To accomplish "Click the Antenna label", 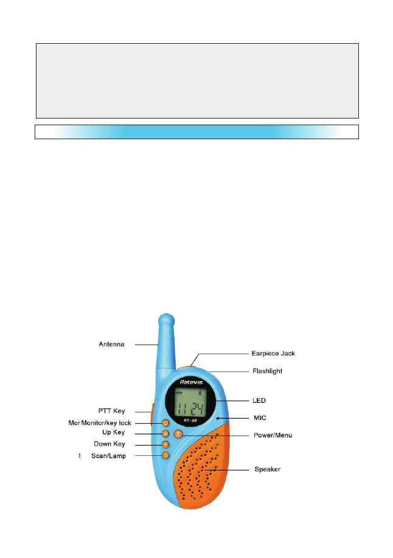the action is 111,345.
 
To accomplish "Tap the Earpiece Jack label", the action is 273,353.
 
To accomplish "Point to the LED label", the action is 259,401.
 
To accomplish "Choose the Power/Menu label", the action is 273,435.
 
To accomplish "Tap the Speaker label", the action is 267,469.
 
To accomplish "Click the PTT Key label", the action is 111,412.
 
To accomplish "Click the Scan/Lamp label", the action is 108,456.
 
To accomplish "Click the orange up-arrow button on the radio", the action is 165,433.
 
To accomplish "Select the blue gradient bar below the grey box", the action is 196,132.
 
